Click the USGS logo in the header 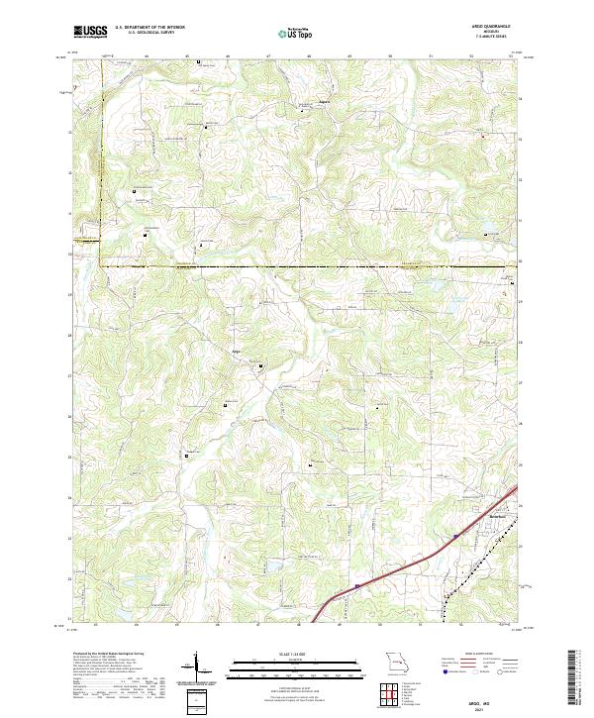(x=89, y=32)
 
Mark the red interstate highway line (x=396, y=567)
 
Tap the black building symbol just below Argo (x=261, y=367)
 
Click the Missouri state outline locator (x=396, y=662)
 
